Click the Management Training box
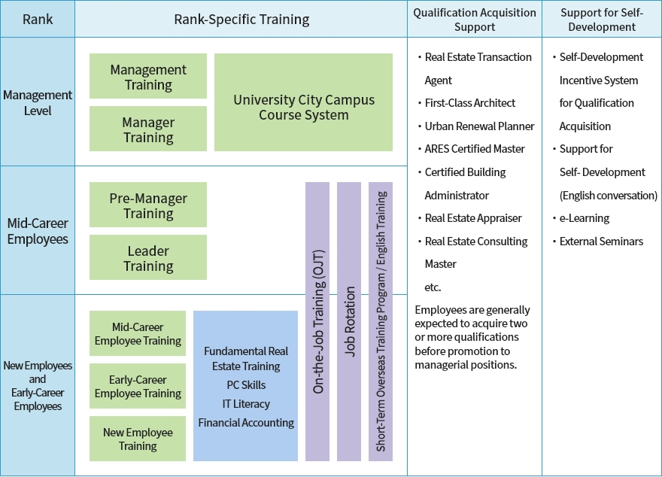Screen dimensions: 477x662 pyautogui.click(x=148, y=77)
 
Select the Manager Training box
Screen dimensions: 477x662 pyautogui.click(x=148, y=129)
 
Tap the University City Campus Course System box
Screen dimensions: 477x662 pyautogui.click(x=303, y=107)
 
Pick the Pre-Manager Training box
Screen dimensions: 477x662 pyautogui.click(x=148, y=205)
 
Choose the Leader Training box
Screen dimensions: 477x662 pyautogui.click(x=148, y=258)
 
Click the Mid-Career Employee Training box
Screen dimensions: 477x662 pyautogui.click(x=138, y=334)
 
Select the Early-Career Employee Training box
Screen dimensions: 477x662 pyautogui.click(x=138, y=387)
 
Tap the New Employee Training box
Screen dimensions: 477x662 pyautogui.click(x=138, y=439)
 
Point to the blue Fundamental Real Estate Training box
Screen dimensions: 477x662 pyautogui.click(x=246, y=386)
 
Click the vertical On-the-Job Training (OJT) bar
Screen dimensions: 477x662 pyautogui.click(x=317, y=321)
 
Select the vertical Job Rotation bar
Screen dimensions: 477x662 pyautogui.click(x=349, y=321)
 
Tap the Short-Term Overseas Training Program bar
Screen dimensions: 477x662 pyautogui.click(x=381, y=321)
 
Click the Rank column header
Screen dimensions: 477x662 pyautogui.click(x=38, y=19)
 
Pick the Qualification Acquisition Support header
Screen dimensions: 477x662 pyautogui.click(x=475, y=20)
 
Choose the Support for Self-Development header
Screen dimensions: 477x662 pyautogui.click(x=602, y=20)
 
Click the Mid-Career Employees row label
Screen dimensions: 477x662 pyautogui.click(x=38, y=230)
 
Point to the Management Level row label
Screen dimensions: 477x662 pyautogui.click(x=38, y=103)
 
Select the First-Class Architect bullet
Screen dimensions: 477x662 pyautogui.click(x=470, y=103)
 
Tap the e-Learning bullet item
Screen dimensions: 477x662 pyautogui.click(x=585, y=218)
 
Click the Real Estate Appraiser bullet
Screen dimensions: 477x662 pyautogui.click(x=473, y=218)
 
